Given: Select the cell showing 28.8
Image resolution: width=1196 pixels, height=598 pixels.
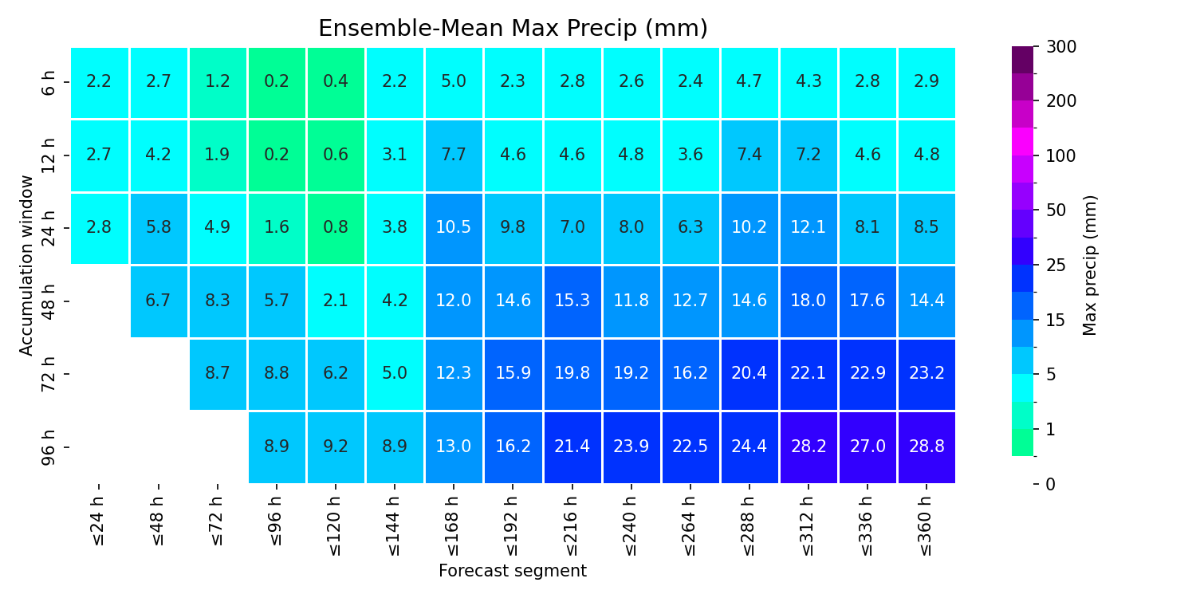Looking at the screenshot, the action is pos(927,447).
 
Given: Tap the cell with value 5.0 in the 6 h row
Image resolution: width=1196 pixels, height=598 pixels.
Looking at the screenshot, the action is pos(454,82).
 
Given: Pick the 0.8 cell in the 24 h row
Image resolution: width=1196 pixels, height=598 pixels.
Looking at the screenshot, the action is pos(336,228).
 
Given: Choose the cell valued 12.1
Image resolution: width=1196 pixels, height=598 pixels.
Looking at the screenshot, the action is pos(808,228).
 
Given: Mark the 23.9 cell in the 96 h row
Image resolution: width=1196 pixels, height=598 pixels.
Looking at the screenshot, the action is pos(631,447).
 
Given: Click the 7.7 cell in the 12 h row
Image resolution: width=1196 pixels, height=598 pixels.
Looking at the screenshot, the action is pos(454,155).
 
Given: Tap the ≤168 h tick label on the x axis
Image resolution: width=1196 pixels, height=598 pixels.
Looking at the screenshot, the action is pos(453,526).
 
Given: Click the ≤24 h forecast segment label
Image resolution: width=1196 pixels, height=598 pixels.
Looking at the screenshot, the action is pos(98,521).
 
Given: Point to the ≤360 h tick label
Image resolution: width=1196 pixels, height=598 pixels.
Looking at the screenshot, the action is pos(926,526).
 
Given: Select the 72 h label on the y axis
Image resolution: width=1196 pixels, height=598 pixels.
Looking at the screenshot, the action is pos(49,374).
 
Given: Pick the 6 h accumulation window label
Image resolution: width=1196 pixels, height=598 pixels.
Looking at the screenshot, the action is pos(49,83).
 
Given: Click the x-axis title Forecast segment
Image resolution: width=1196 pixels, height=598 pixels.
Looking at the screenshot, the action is pos(513,571).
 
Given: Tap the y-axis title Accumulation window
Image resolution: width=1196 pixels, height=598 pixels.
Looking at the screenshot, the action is pos(26,266).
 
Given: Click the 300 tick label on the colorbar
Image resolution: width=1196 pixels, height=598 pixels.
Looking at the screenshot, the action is pos(1061,47).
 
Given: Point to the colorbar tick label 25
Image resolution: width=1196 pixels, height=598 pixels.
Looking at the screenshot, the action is pos(1056,266).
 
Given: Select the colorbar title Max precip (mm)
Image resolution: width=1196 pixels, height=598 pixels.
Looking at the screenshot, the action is pos(1090,266).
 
